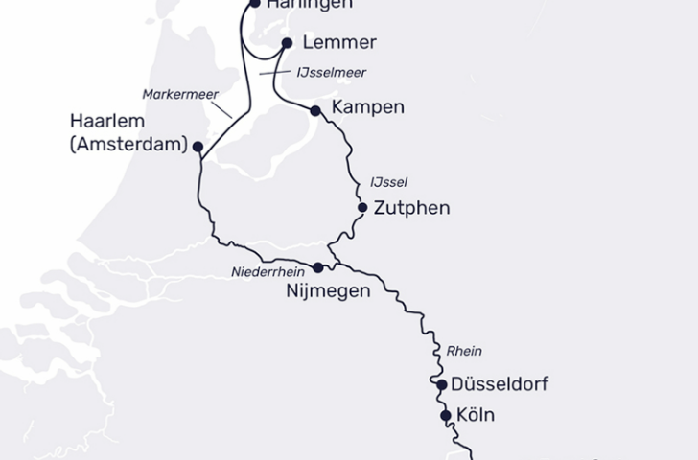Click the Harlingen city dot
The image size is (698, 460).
point(255,3)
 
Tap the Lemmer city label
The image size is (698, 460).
point(338,43)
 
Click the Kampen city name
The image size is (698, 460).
point(367,107)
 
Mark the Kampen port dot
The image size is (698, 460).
point(315,111)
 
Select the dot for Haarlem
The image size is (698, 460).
point(198,147)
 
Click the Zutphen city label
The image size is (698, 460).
point(411,207)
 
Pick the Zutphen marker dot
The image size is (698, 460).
point(362,207)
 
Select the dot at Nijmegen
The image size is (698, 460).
point(319,267)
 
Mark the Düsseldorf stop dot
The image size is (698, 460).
point(441,385)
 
